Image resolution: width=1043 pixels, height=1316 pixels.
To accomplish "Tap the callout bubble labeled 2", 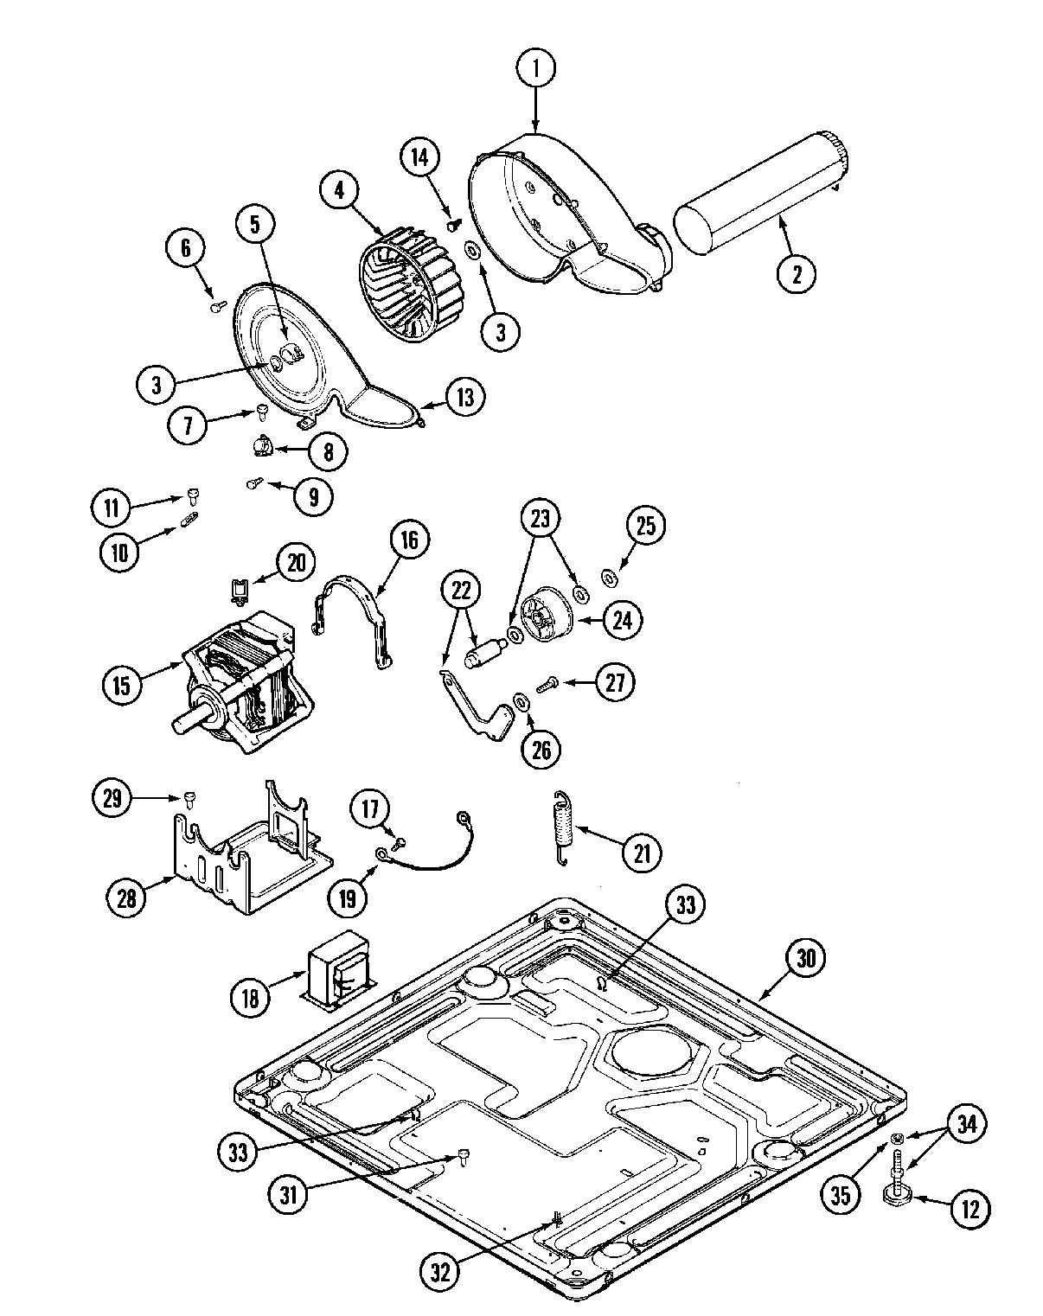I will [x=796, y=273].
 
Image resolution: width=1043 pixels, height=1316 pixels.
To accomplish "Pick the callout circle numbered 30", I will [x=805, y=957].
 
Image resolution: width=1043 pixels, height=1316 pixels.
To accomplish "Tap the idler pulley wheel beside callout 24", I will [x=545, y=616].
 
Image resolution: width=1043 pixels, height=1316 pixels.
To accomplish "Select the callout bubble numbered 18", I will [x=249, y=999].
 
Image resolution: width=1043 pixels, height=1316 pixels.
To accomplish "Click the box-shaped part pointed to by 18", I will [x=337, y=970].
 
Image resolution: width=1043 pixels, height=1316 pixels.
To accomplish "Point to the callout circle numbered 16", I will [x=409, y=540].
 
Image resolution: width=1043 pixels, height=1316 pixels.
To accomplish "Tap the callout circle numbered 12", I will [x=969, y=1209].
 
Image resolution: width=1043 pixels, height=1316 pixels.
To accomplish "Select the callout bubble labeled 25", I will [x=646, y=526].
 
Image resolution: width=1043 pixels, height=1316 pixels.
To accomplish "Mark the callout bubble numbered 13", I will [x=465, y=396].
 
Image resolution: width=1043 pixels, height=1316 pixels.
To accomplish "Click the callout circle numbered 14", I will [x=419, y=157].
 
